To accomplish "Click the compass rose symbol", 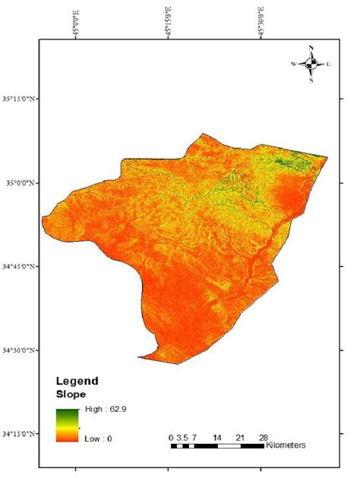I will coord(311,64).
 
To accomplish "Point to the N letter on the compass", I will coord(311,49).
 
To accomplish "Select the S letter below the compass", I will coord(311,80).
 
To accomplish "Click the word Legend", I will coord(77,382).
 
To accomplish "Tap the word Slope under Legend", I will coord(70,395).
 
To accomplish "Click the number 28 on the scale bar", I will coord(264,438).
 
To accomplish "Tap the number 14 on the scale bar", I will coord(217,438).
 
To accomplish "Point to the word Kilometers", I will coord(287,445).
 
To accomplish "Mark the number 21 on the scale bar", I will coord(241,438).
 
